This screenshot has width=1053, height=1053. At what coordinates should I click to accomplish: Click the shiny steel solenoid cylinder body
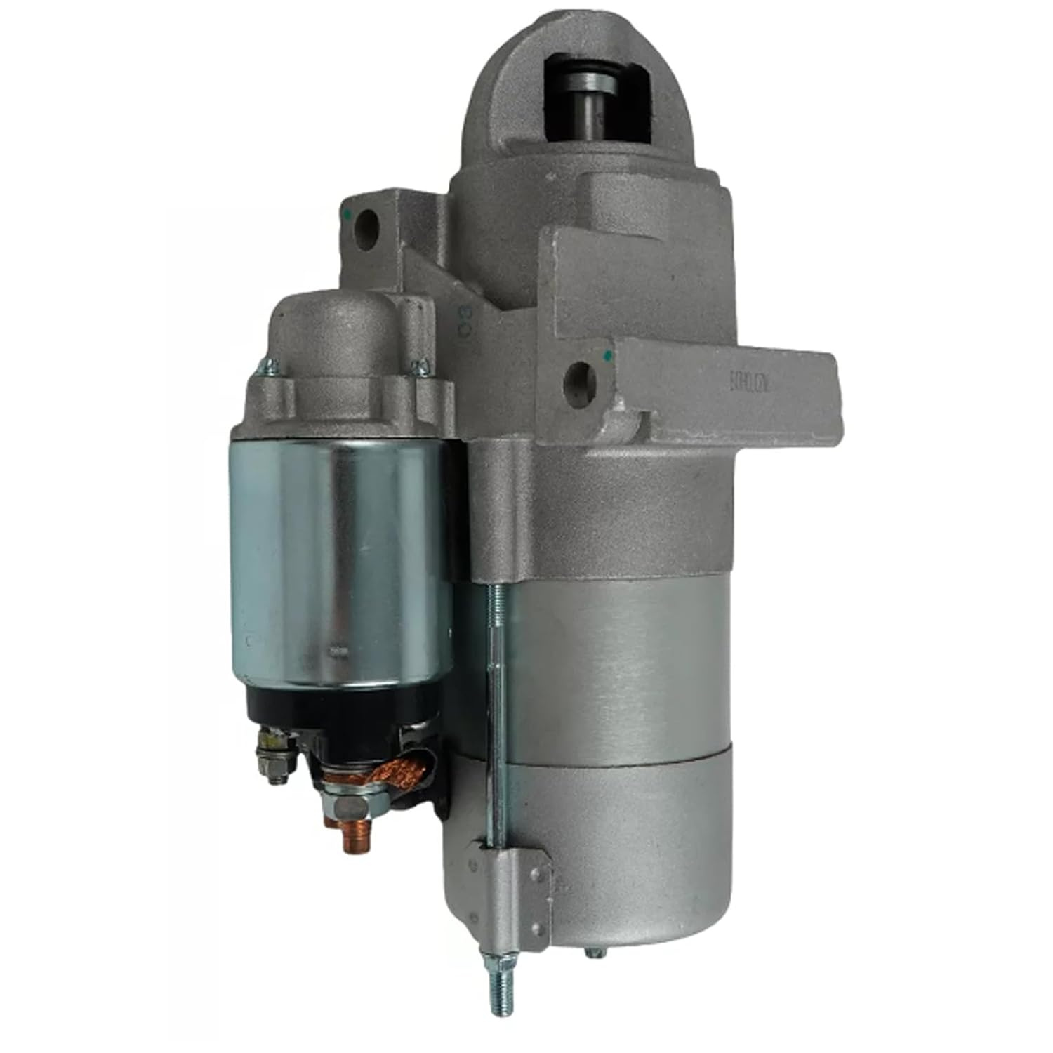click(337, 555)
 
